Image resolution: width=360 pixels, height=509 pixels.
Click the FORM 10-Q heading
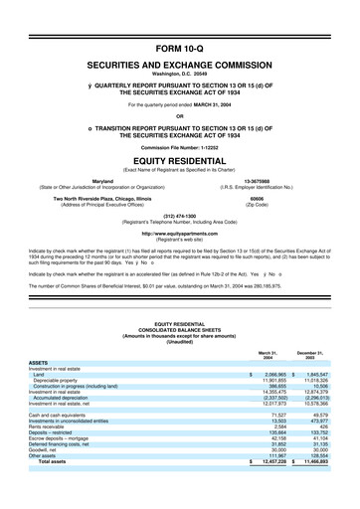pos(180,47)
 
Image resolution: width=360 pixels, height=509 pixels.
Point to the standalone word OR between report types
pos(180,113)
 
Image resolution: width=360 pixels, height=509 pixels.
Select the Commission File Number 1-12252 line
pos(180,147)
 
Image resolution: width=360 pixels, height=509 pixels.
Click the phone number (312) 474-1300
pos(180,214)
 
